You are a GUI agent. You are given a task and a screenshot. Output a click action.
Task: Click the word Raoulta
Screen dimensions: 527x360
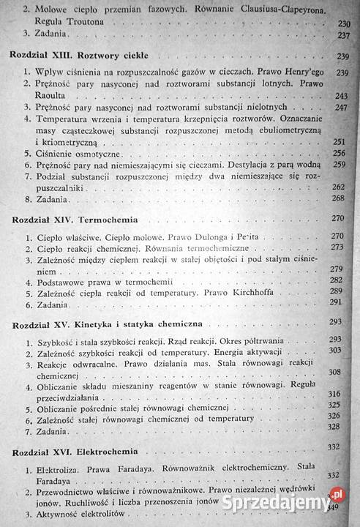click(x=45, y=96)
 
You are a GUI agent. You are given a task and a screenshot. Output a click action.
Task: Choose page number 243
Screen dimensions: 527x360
click(x=339, y=96)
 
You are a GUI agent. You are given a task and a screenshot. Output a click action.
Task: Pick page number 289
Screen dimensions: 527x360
click(x=339, y=291)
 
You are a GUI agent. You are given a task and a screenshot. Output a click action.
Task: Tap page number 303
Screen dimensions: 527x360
click(x=339, y=351)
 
